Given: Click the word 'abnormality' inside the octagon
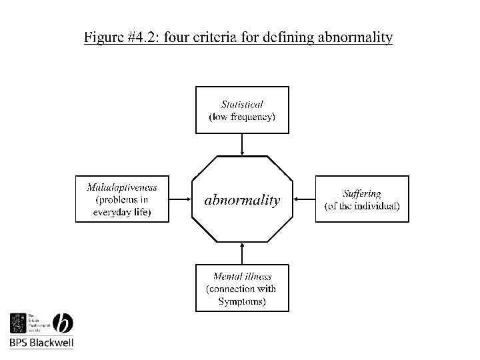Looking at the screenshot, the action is (242, 200).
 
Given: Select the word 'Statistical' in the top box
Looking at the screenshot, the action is (242, 104).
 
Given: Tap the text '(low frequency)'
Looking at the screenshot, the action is (242, 117).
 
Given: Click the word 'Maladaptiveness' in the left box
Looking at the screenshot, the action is (122, 187).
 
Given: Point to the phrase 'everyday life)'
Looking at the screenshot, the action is (122, 213).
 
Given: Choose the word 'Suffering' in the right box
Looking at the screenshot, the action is (362, 193).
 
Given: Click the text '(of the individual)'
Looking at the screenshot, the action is (362, 206).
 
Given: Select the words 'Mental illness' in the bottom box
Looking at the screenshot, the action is (242, 276).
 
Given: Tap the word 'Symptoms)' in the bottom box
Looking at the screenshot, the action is (242, 301).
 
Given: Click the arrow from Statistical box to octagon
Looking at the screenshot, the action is (242, 143).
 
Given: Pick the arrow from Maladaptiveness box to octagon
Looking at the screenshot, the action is (180, 199).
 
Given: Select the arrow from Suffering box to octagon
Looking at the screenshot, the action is (304, 199).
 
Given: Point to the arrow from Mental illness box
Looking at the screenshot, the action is (242, 254).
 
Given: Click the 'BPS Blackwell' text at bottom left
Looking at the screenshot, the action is (41, 343).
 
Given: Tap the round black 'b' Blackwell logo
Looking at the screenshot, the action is (62, 323).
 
